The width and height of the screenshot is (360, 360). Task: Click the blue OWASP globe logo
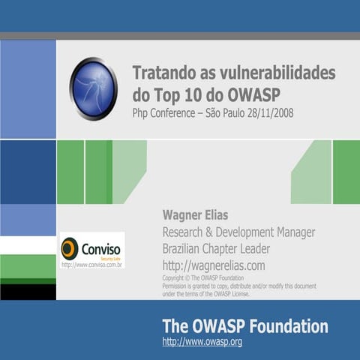pos(93,88)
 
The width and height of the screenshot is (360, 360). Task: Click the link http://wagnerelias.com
pos(214,265)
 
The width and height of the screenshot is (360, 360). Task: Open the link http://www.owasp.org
pos(202,342)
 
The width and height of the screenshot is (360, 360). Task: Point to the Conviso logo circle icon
pos(70,247)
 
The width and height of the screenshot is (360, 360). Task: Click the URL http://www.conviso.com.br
pos(91,264)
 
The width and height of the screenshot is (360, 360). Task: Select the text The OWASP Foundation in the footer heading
pos(244,326)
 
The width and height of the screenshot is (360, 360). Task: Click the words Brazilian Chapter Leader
pos(216,248)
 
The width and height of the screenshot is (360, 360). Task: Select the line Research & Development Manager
pos(238,232)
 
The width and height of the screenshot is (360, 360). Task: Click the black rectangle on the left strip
pos(28,292)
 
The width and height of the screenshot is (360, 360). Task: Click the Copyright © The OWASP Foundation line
pos(203,278)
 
